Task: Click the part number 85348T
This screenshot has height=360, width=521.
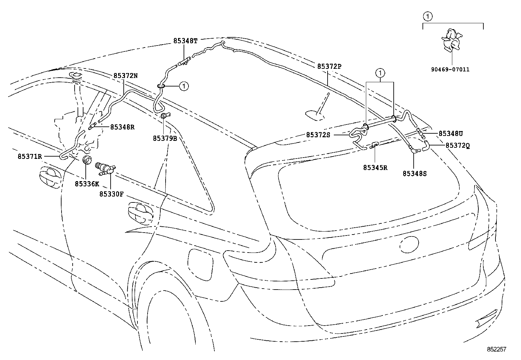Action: [x=185, y=41]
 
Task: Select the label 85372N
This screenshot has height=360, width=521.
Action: [x=126, y=76]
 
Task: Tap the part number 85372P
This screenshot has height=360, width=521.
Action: [x=329, y=66]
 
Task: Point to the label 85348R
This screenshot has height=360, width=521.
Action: [x=122, y=127]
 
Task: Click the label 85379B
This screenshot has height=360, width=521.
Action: [x=165, y=139]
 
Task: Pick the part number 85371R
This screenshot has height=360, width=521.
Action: [x=30, y=157]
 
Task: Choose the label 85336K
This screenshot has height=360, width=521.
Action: [x=87, y=184]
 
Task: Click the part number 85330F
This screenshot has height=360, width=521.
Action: [x=112, y=194]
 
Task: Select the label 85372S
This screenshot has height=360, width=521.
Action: [x=318, y=135]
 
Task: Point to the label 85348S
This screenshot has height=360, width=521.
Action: [x=415, y=174]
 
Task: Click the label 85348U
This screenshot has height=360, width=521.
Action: [x=451, y=134]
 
